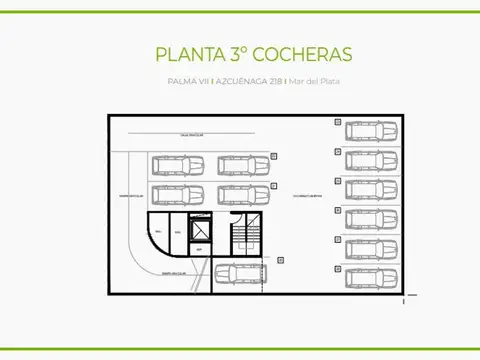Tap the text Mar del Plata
coord(314,81)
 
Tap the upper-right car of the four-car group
coord(241,164)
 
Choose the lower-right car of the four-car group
coord(241,194)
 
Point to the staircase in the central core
coord(246,234)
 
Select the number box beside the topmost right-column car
coord(338,123)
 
